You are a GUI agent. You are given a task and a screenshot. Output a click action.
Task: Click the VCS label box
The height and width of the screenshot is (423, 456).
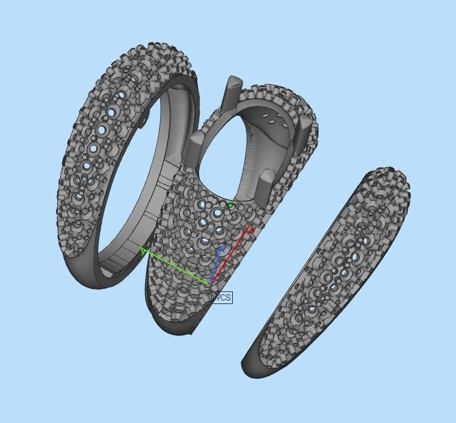(x=221, y=297)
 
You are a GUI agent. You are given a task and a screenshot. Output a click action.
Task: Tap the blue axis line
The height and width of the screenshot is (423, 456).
(x=217, y=264)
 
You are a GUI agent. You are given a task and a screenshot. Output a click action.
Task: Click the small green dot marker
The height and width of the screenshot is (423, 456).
(x=230, y=205)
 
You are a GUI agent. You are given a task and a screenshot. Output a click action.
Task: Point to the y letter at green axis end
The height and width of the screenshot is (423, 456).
(x=143, y=252)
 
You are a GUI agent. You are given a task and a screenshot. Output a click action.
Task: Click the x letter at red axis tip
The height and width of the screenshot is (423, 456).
(x=252, y=229)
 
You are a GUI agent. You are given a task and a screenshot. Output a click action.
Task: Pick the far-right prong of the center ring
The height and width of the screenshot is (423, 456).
(x=304, y=129)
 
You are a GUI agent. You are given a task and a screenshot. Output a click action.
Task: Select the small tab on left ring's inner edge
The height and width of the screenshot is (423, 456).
(x=145, y=121)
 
